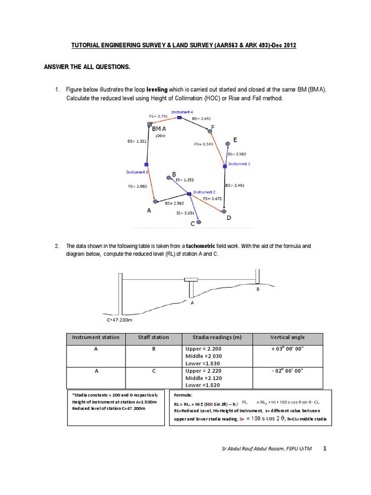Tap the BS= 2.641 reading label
click(201, 118)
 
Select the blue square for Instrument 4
click(179, 117)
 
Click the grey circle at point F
click(210, 131)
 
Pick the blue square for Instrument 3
click(225, 166)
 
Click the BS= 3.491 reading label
click(235, 185)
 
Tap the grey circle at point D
click(224, 211)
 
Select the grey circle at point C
click(199, 222)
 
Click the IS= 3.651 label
click(186, 213)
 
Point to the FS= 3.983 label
click(138, 186)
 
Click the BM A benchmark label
click(159, 130)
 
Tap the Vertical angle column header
click(287, 337)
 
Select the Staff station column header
click(153, 337)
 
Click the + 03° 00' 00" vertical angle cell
click(287, 348)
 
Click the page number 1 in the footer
click(325, 449)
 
